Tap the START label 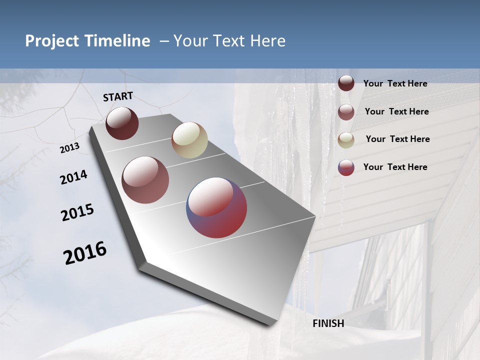tap(118, 96)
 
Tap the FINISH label tap(328, 323)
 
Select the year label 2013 tap(70, 148)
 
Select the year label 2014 tap(73, 177)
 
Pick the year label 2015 tap(77, 212)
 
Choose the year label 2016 tap(85, 253)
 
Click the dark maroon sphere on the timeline tap(122, 123)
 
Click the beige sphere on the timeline tap(189, 140)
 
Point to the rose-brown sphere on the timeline tap(145, 180)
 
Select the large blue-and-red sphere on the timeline tap(217, 207)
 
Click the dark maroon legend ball tap(346, 83)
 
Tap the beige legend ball tap(346, 140)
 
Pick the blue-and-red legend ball tap(346, 167)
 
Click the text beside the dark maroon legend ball tap(395, 83)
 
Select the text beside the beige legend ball tap(397, 139)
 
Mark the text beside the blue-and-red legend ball tap(395, 167)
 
